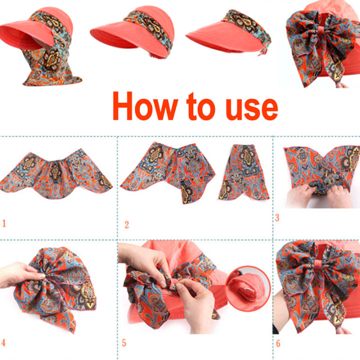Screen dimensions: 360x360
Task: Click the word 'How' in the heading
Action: (145, 106)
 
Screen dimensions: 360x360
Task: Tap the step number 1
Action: (4, 223)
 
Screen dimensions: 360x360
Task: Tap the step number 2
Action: (126, 225)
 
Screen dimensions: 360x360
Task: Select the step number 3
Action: (277, 217)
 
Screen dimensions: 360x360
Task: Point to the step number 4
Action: (4, 343)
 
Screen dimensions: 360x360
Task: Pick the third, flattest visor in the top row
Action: (225, 32)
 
